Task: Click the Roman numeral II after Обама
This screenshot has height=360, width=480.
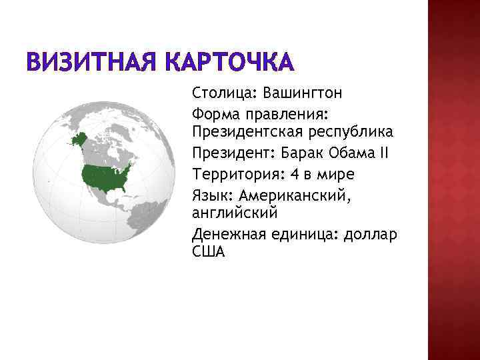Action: click(383, 153)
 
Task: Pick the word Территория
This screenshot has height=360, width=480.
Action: click(230, 175)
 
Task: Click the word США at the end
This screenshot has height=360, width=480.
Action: click(209, 252)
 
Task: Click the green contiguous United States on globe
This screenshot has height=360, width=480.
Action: click(105, 175)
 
